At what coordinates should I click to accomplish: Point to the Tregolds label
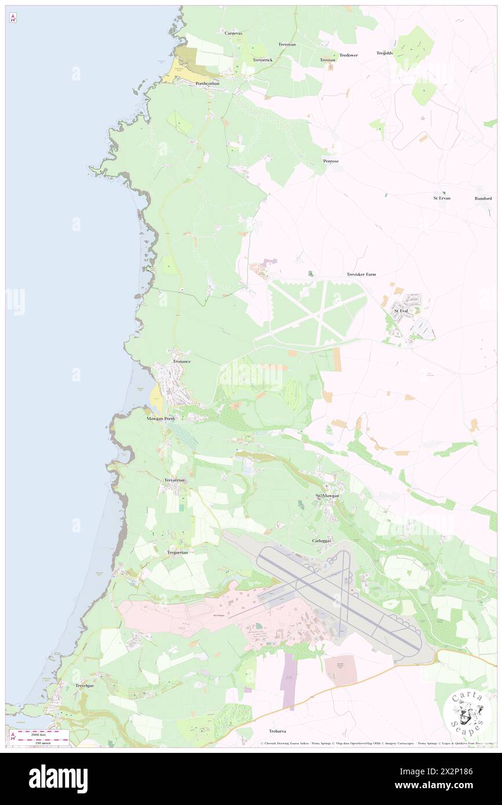click(x=384, y=53)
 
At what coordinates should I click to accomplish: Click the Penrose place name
click(x=330, y=161)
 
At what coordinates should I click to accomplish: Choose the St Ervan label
click(x=442, y=198)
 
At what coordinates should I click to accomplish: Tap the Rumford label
click(x=483, y=198)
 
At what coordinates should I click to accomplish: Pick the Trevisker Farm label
click(x=361, y=275)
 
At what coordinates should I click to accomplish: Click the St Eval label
click(x=401, y=311)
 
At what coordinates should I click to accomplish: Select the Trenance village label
click(x=181, y=361)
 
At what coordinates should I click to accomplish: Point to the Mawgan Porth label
click(x=161, y=418)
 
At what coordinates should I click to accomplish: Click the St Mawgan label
click(x=327, y=496)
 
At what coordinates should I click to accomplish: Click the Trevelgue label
click(x=85, y=686)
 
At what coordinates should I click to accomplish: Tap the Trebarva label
click(x=278, y=731)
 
